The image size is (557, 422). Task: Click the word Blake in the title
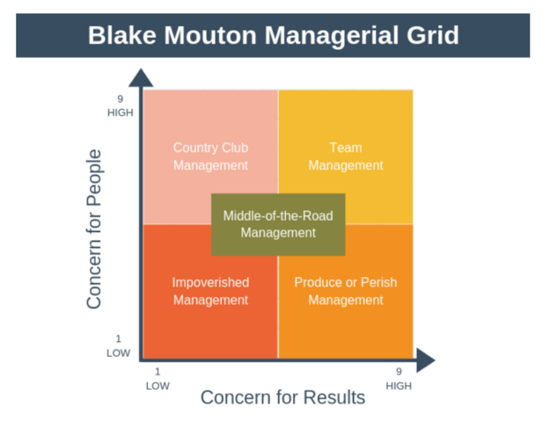click(121, 36)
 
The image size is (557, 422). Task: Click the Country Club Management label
click(210, 156)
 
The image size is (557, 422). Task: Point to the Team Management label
click(346, 156)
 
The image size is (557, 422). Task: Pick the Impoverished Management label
click(210, 291)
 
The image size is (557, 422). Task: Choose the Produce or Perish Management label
click(346, 291)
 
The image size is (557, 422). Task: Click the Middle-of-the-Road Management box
click(278, 224)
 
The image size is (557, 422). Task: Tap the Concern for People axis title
click(94, 229)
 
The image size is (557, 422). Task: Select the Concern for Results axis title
click(282, 397)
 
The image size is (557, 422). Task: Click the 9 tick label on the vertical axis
click(120, 98)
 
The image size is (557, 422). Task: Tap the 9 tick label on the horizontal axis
click(399, 372)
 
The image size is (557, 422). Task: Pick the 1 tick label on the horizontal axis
click(158, 372)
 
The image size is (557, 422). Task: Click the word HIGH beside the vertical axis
click(120, 113)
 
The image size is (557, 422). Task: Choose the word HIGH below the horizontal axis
click(399, 385)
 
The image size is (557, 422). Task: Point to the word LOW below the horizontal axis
click(158, 385)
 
